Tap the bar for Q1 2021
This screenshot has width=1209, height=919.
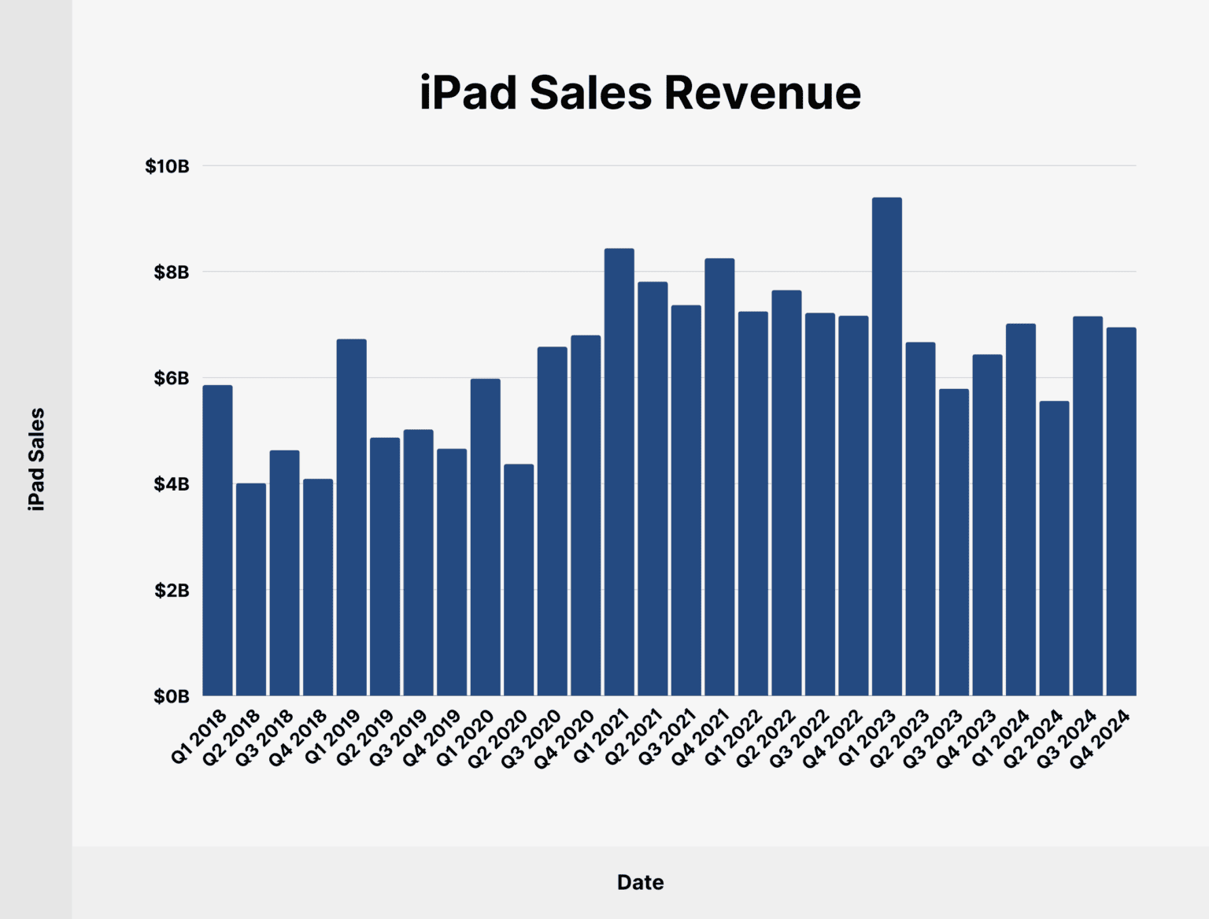click(x=619, y=472)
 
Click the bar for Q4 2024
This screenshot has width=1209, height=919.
click(x=1121, y=512)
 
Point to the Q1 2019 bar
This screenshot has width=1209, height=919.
click(x=351, y=517)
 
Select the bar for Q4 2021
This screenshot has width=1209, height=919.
click(x=719, y=477)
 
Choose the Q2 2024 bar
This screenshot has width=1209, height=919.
click(x=1054, y=548)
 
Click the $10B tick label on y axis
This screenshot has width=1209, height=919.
click(x=167, y=166)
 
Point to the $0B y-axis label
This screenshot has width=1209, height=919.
click(x=171, y=696)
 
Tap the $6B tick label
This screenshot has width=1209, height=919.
click(x=171, y=378)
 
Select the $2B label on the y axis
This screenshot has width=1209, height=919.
click(x=171, y=591)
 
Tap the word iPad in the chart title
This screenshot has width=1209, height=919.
click(x=468, y=93)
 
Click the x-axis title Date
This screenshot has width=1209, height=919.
click(x=640, y=882)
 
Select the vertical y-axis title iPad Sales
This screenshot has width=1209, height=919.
click(x=36, y=459)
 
